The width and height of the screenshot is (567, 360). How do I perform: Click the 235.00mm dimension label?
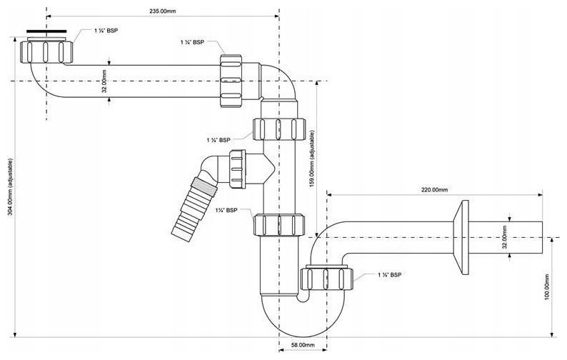pos(163,11)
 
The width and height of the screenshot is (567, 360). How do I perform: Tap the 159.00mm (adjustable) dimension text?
pos(311,159)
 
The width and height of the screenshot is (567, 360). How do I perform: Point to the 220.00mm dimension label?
pos(434,189)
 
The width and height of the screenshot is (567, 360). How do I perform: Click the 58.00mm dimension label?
pos(303,345)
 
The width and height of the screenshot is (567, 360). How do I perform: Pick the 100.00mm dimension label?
pos(547,286)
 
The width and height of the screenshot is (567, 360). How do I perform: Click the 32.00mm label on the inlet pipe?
pos(104,81)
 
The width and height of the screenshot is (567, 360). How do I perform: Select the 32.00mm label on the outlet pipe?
pos(505,237)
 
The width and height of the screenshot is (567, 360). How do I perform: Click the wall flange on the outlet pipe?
pos(462,237)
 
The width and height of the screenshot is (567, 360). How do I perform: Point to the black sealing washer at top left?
pos(46,31)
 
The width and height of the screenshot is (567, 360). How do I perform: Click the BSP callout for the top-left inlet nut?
pos(106,31)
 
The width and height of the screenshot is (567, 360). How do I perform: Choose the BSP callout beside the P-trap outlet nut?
pos(389,275)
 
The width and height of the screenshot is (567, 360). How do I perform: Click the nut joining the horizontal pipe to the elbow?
pos(231,81)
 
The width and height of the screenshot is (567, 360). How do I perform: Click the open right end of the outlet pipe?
pos(543,237)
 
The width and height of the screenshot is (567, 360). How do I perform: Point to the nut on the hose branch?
pos(237,169)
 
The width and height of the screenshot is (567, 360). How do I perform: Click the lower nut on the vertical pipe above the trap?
pos(279,225)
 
